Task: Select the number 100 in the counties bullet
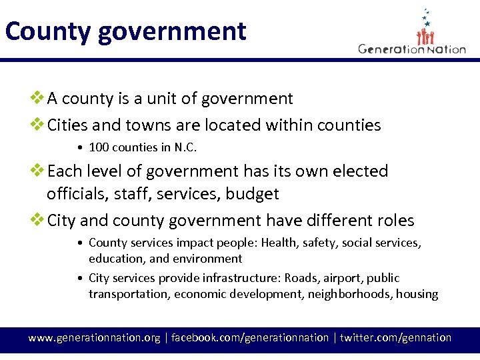[99, 147]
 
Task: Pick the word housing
[417, 294]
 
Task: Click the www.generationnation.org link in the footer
[94, 338]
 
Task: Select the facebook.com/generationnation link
[250, 338]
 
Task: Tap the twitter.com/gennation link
[395, 338]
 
